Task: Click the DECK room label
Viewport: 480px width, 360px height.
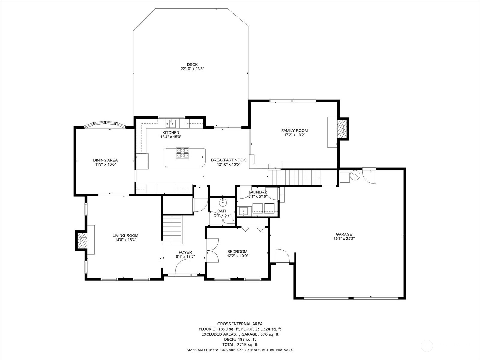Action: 192,64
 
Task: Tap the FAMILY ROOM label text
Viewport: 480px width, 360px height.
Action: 294,130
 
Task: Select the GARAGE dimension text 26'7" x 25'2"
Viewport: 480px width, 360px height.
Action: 344,239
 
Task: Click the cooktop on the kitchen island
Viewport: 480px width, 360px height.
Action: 182,153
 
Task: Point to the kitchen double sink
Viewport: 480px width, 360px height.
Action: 171,124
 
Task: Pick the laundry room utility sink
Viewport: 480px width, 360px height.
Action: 243,211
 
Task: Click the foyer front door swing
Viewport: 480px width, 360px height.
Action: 183,266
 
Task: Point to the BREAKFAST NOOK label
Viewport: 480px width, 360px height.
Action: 229,160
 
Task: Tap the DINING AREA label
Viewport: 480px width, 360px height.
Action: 105,160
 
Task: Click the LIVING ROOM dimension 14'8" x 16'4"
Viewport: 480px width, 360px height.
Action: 125,240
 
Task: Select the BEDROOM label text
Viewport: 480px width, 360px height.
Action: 237,252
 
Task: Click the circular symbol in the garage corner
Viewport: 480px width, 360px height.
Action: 355,175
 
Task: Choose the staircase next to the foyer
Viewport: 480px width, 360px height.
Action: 172,230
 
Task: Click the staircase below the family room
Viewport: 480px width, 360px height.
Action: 294,178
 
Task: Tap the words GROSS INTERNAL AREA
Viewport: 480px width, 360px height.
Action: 240,324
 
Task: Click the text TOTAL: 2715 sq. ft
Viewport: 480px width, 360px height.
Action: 240,345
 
